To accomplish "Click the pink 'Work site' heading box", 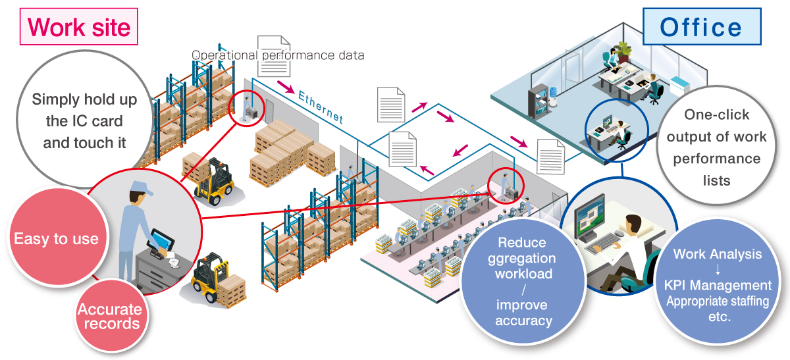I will pyautogui.click(x=79, y=26).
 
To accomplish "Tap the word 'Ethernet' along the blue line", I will pyautogui.click(x=321, y=107).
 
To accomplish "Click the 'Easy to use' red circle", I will pyautogui.click(x=56, y=239).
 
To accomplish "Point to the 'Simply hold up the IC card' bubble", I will pyautogui.click(x=84, y=121).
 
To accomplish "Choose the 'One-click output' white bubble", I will pyautogui.click(x=716, y=147).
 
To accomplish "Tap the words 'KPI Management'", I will pyautogui.click(x=718, y=286).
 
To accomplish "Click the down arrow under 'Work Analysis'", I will pyautogui.click(x=718, y=270).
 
